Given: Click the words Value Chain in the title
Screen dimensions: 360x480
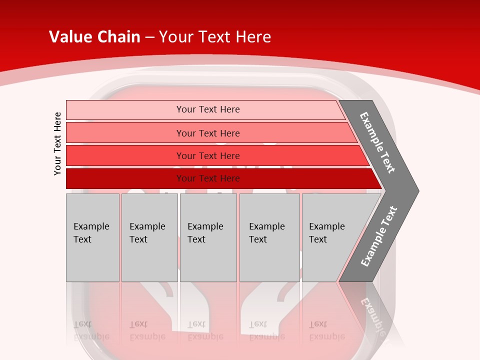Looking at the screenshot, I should point(94,37).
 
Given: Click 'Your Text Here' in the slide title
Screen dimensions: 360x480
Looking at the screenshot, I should point(215,37).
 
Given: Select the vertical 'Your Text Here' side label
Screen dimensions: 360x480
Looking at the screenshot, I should point(58,143).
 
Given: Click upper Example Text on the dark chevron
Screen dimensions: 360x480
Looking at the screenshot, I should point(377,143).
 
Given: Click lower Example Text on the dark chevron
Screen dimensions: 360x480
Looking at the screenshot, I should point(378,236).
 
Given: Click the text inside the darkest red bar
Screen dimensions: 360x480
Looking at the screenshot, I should point(208,178).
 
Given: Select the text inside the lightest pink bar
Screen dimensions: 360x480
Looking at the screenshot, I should point(208,109).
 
